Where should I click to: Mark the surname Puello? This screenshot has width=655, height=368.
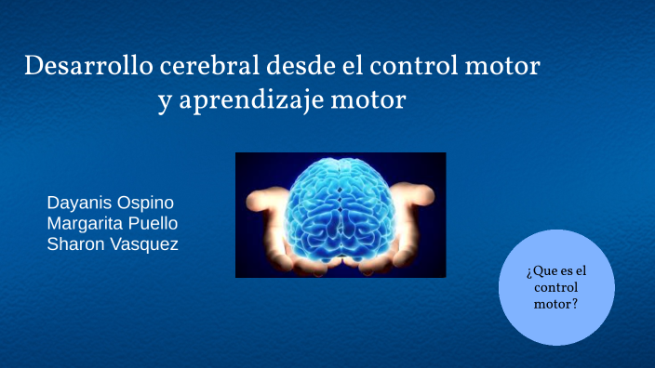[x=154, y=223]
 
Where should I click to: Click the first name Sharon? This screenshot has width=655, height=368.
[x=74, y=243]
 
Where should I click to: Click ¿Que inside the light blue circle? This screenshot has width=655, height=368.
[x=539, y=271]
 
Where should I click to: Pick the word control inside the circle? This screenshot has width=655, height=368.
[x=556, y=287]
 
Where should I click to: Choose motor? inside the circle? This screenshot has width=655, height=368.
[x=556, y=303]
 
